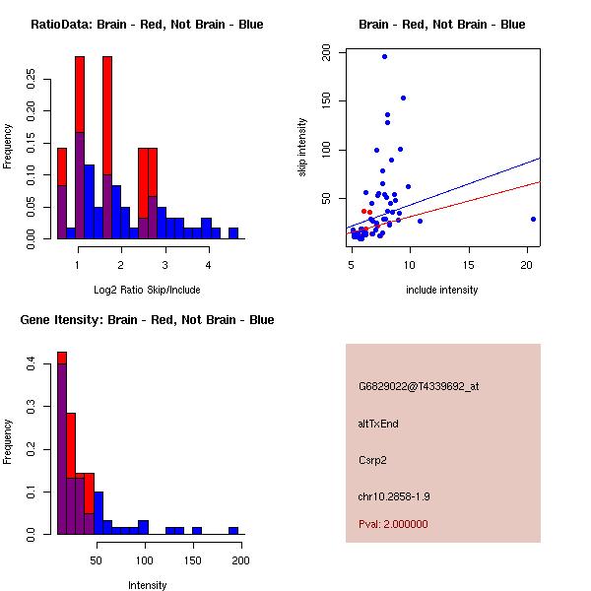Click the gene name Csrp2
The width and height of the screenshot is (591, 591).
coord(371,460)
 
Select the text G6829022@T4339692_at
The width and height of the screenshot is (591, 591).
coord(419,386)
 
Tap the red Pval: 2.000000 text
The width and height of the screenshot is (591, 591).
coord(393,524)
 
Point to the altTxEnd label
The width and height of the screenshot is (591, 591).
coord(378,424)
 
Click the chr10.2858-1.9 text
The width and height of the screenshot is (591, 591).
coord(394,495)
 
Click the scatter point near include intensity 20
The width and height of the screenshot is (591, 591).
coord(533,219)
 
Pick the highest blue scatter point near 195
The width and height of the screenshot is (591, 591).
coord(384,56)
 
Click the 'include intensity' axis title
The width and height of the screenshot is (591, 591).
coord(442,290)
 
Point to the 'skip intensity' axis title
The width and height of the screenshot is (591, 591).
coord(302,148)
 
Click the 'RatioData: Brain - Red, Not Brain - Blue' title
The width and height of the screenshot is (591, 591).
coord(147,25)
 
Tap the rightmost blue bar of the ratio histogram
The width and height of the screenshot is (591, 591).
coord(233,233)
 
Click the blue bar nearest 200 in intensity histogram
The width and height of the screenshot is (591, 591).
coord(233,530)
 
